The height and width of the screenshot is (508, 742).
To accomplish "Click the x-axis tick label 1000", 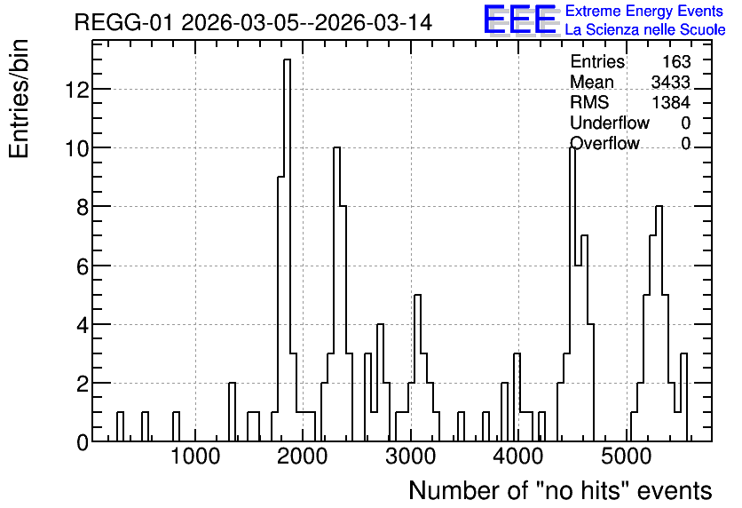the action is pos(195,456).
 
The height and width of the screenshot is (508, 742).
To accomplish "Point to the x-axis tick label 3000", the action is pos(410,456).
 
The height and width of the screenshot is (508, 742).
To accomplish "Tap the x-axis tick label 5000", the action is pos(626,456).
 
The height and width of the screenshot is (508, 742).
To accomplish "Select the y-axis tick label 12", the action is pos(77,90).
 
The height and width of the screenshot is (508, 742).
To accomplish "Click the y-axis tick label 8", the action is pos(83,207).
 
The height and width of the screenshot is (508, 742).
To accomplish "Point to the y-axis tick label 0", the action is pos(83,442).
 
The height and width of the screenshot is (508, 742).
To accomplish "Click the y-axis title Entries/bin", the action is pos(19,99).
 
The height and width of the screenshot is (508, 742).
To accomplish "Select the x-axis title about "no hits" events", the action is pos(560,490).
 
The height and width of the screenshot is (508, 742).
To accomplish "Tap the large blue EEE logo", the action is pos(520,20).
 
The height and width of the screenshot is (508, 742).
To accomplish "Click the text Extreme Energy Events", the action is pos(644,11).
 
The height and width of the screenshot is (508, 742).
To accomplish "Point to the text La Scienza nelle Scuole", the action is pos(645,30).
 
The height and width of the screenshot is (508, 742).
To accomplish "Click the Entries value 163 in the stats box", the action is pos(675,61).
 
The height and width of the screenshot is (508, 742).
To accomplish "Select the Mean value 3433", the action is pos(670,82).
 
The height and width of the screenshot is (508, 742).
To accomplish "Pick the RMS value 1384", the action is pos(671,102).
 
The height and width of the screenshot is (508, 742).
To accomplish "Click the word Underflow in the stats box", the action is pos(610,123).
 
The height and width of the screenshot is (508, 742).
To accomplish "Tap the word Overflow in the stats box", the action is pos(604,143).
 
